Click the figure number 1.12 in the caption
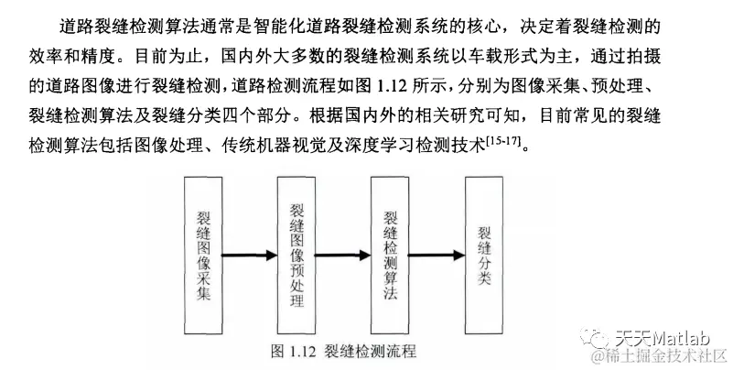pyautogui.click(x=301, y=350)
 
